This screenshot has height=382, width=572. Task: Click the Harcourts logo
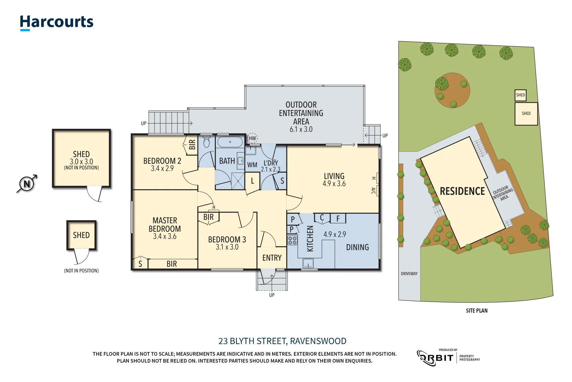click(57, 22)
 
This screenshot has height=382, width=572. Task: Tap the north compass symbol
click(27, 184)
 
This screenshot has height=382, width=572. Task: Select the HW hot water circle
click(252, 138)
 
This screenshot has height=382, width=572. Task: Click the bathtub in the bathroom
click(230, 142)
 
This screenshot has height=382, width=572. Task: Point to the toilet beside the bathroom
click(207, 143)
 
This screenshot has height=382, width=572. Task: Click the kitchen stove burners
click(292, 241)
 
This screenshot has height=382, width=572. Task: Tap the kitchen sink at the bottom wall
click(308, 263)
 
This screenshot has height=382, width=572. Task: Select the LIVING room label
click(334, 176)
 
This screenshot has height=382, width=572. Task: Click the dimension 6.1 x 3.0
click(301, 129)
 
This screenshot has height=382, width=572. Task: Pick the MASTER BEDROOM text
click(165, 225)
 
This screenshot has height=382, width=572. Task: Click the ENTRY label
click(272, 258)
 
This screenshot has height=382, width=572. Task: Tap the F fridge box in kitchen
click(338, 219)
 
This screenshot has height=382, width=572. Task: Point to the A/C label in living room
click(373, 191)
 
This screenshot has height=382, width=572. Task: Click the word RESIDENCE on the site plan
click(462, 191)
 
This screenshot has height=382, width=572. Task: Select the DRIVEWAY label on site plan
click(409, 273)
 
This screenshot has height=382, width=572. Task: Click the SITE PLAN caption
click(476, 311)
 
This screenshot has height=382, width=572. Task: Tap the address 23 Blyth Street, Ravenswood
click(282, 341)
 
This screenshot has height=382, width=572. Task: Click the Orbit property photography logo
click(448, 358)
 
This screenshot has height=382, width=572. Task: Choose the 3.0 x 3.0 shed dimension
click(81, 162)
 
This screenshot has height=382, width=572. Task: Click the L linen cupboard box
click(252, 181)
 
